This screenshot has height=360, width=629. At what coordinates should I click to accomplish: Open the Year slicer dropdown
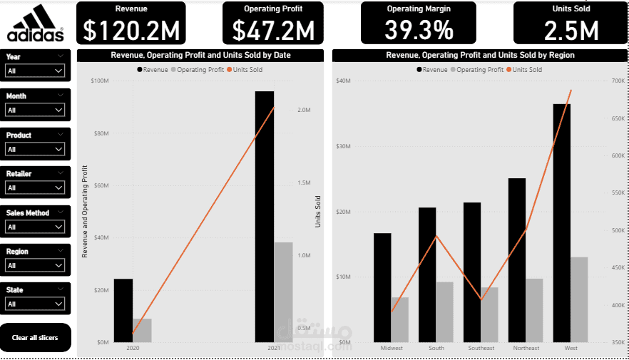coord(35,71)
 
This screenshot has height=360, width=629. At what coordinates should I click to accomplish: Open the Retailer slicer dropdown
coord(35,187)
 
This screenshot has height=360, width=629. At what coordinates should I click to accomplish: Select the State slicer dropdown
coord(35,304)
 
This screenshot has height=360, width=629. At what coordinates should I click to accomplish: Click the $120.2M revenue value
coord(131,30)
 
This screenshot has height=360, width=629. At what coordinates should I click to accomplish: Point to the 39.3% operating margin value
coord(419,30)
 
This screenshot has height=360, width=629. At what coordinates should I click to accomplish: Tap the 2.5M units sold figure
coord(571,30)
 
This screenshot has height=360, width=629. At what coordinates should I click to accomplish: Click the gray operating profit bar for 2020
coord(142,330)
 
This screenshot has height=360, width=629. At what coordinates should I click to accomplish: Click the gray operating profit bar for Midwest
coord(400,319)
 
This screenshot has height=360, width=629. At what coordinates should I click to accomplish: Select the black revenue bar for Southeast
coord(472,272)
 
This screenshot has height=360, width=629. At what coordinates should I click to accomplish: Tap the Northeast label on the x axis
coord(526,348)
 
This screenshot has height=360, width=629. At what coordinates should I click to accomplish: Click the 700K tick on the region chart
coord(618,81)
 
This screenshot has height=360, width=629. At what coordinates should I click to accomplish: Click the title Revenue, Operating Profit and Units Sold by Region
coord(480,55)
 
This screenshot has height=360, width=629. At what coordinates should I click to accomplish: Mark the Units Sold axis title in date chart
coord(318,212)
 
